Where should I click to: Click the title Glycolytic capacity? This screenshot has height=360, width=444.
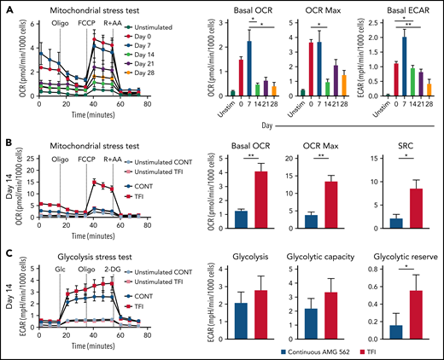click(320, 253)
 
